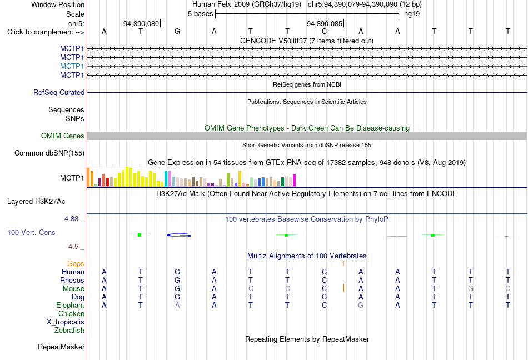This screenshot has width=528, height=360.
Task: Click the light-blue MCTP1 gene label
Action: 72,66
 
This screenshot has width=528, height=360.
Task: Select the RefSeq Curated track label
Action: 59,93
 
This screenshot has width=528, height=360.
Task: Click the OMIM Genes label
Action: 63,136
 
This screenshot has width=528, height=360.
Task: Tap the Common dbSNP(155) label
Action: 49,153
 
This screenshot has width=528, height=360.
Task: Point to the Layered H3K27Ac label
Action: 36,202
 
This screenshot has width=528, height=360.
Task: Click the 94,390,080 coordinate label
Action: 141,23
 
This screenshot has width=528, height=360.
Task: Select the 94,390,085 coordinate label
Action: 324,23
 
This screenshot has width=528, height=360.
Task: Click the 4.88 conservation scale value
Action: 72,219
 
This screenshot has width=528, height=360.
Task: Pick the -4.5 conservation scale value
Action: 72,247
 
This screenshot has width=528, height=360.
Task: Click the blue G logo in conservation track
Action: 179,235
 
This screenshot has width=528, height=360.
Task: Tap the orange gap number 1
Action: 343,264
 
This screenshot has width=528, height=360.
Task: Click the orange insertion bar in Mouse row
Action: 343,288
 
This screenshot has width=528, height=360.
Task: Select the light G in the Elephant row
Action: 361,305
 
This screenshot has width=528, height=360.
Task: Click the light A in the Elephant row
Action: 177,305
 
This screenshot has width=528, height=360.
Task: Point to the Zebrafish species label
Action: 69,331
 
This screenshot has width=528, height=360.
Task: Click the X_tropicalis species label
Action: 66,322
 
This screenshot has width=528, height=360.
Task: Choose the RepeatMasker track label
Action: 61,347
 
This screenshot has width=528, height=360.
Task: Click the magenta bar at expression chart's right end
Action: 295,180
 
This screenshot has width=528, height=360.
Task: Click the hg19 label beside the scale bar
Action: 412,14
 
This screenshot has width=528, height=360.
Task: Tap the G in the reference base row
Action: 177,31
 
